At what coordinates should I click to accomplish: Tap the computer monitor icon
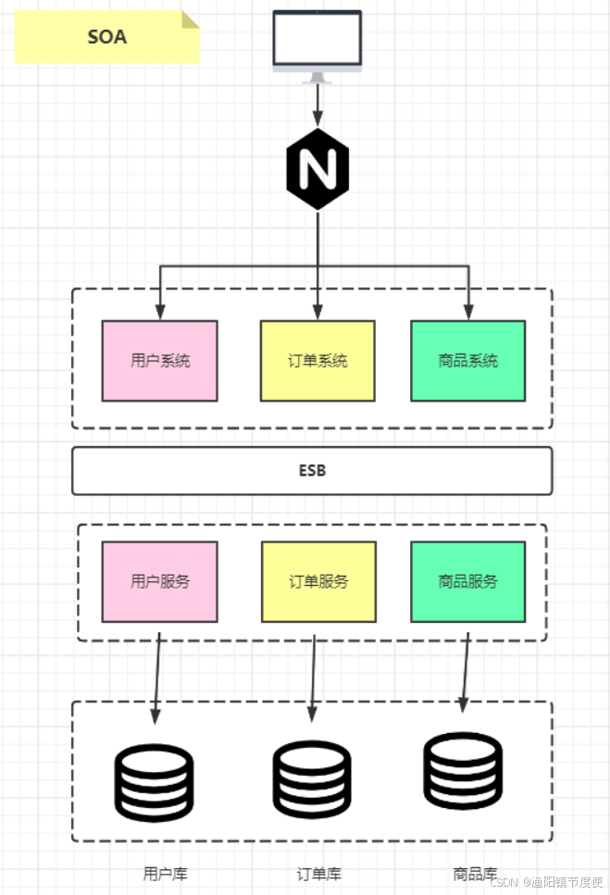click(317, 42)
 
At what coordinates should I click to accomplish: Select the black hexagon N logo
click(317, 170)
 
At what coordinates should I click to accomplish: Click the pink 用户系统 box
click(159, 361)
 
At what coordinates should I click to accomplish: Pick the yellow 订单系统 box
click(317, 361)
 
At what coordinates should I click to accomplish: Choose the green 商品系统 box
click(467, 361)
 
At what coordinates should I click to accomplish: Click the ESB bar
click(312, 471)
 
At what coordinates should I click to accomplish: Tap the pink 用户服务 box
click(159, 581)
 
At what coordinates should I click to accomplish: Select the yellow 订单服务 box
click(318, 581)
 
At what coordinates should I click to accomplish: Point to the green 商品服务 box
click(467, 581)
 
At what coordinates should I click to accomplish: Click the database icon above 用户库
click(154, 783)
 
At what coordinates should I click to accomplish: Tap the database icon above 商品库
click(463, 771)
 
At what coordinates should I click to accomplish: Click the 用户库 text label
click(166, 874)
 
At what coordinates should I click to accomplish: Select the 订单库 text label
click(319, 874)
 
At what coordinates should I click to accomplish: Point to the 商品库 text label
click(475, 874)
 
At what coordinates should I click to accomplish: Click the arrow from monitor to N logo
click(317, 105)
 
